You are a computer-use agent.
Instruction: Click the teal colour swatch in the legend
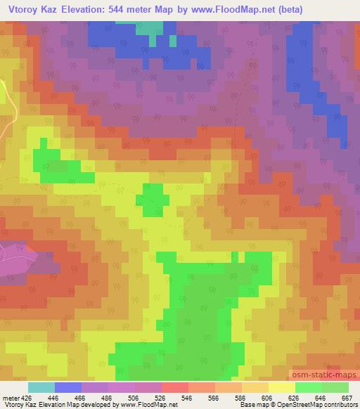[41, 387]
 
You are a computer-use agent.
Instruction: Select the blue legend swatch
[67, 387]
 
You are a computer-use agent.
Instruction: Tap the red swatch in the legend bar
[174, 387]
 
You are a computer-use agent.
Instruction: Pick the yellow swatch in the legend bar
[281, 387]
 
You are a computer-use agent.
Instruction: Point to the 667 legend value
[347, 397]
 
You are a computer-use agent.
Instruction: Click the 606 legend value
[268, 397]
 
